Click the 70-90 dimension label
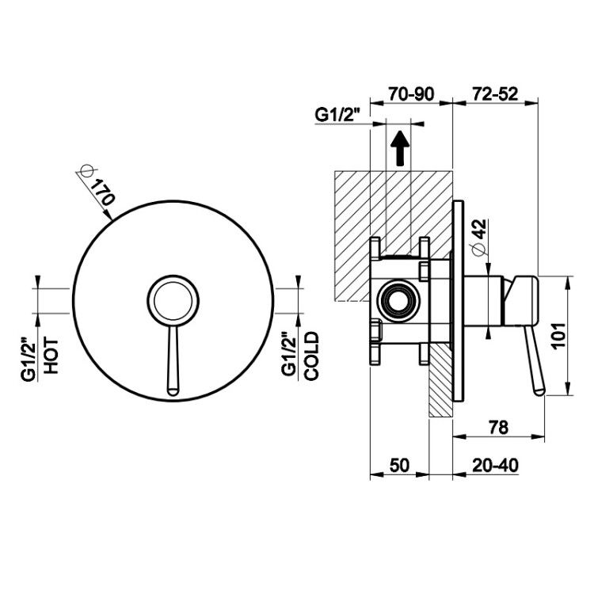(x=411, y=94)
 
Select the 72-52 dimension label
(x=495, y=94)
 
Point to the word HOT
(x=51, y=356)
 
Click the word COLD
(x=312, y=356)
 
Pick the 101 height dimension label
(x=559, y=336)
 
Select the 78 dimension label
(x=498, y=428)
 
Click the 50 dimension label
(x=399, y=465)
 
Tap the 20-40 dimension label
(x=495, y=465)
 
